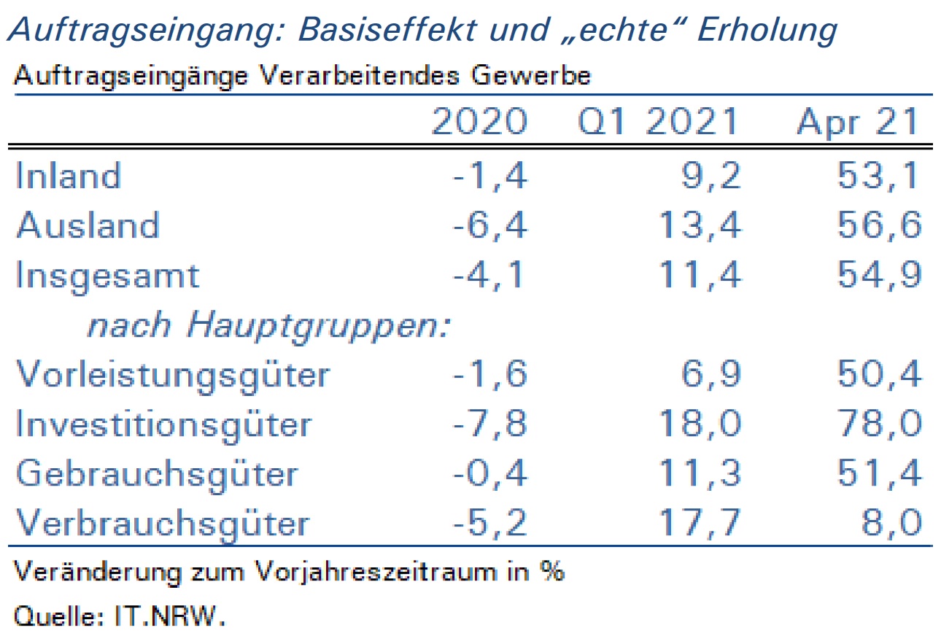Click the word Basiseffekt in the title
coord(387,30)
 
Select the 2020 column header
coord(479,121)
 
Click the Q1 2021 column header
coord(658,122)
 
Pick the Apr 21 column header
coord(857,122)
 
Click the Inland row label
coord(69,175)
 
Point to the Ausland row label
coord(88,225)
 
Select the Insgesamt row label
coord(107,276)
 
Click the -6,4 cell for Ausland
coord(489,225)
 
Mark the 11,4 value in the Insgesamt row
coord(700,275)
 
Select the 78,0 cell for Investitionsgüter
coord(879,424)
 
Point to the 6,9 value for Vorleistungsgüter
coord(710,374)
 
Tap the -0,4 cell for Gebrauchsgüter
coord(489,473)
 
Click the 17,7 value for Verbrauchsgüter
coord(700,523)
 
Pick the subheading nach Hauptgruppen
coord(269,327)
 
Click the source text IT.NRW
coord(170,616)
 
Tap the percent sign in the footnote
coord(552,571)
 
